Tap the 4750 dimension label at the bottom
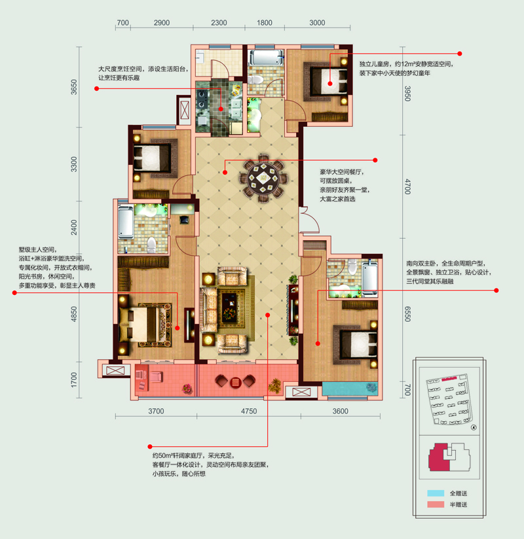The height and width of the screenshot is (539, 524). coord(249,411)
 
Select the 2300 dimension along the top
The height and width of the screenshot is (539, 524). coord(219,23)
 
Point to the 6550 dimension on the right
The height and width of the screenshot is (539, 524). coord(407,314)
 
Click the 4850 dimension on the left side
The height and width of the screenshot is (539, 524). coord(74,314)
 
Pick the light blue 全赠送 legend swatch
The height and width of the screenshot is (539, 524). coord(436,493)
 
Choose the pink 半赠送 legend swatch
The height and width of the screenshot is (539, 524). coord(436,504)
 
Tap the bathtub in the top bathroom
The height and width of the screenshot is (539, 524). coord(266,58)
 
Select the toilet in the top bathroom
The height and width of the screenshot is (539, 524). coord(255,79)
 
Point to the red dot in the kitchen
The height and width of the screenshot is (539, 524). coord(221,109)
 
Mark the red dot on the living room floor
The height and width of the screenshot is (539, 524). coord(267,315)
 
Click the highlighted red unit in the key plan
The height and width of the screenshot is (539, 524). coord(438,457)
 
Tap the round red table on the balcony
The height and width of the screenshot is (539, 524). coord(236,382)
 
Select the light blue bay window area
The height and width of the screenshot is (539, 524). coord(350,389)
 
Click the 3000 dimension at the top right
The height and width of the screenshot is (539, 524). coord(317,23)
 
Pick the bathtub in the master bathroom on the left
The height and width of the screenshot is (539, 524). coord(126,222)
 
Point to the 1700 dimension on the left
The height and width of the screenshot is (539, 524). coord(74,380)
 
